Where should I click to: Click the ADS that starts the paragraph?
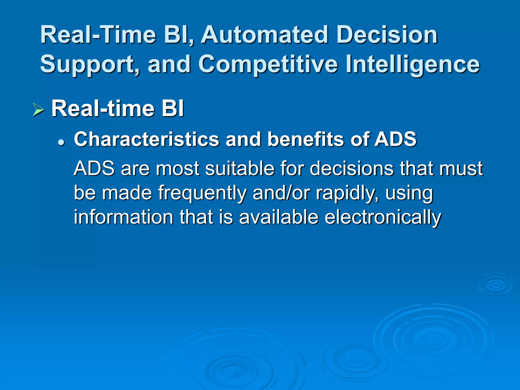pos(94,169)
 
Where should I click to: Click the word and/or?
pos(281,193)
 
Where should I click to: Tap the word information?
pos(123,217)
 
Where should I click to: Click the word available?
pos(279,217)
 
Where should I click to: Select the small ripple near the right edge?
pos(495,284)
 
